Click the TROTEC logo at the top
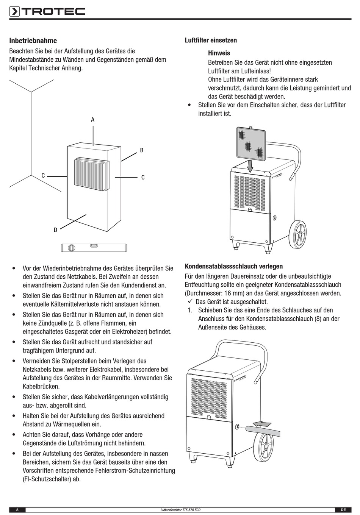click(47, 12)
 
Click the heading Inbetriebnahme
click(33, 41)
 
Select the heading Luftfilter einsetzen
click(211, 40)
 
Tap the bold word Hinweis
click(219, 53)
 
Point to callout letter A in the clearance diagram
click(92, 120)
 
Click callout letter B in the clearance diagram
click(142, 150)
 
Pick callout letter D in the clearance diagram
click(55, 230)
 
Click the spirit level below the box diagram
click(94, 248)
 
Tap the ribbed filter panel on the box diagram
click(91, 175)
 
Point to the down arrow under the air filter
click(250, 166)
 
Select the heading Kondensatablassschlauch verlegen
click(234, 267)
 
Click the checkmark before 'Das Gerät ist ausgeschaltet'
click(190, 302)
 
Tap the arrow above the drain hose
click(262, 422)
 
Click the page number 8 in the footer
click(17, 510)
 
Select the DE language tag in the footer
click(343, 510)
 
